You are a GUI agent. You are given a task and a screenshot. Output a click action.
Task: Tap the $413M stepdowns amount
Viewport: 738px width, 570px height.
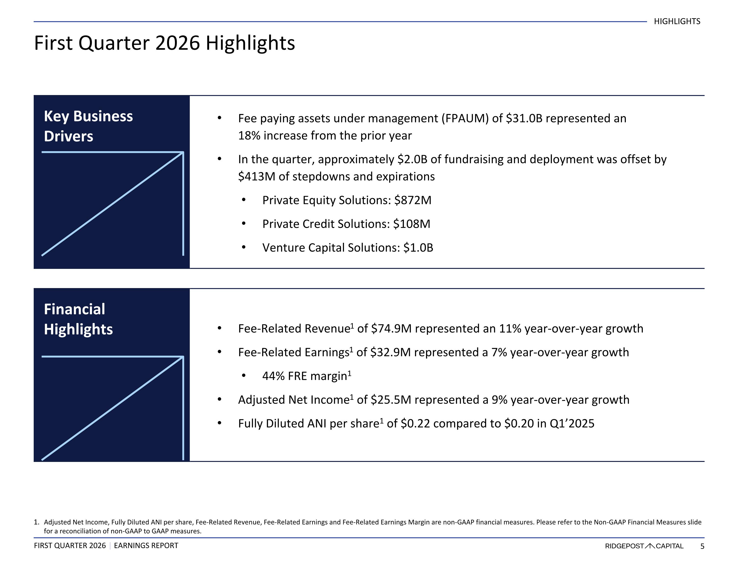(x=257, y=177)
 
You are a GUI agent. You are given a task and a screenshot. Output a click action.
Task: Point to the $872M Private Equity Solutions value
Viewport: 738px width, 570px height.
(x=413, y=200)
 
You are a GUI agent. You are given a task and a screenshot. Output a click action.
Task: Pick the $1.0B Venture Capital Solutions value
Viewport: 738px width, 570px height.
(x=418, y=248)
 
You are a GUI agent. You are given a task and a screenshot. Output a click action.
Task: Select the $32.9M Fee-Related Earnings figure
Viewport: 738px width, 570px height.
(x=391, y=352)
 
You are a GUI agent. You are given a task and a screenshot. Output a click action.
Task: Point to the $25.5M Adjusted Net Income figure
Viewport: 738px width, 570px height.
(x=391, y=400)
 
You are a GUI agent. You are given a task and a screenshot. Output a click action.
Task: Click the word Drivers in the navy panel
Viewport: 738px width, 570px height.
(x=69, y=136)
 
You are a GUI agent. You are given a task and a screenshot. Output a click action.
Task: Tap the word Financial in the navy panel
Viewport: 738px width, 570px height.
(x=75, y=309)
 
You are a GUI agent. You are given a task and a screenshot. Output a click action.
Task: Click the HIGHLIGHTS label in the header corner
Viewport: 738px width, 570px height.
(x=677, y=21)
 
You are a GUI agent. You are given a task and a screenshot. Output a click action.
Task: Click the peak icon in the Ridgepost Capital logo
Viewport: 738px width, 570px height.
(x=650, y=546)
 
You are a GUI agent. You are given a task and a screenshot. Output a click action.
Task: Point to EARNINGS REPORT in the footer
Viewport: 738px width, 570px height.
(x=146, y=546)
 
